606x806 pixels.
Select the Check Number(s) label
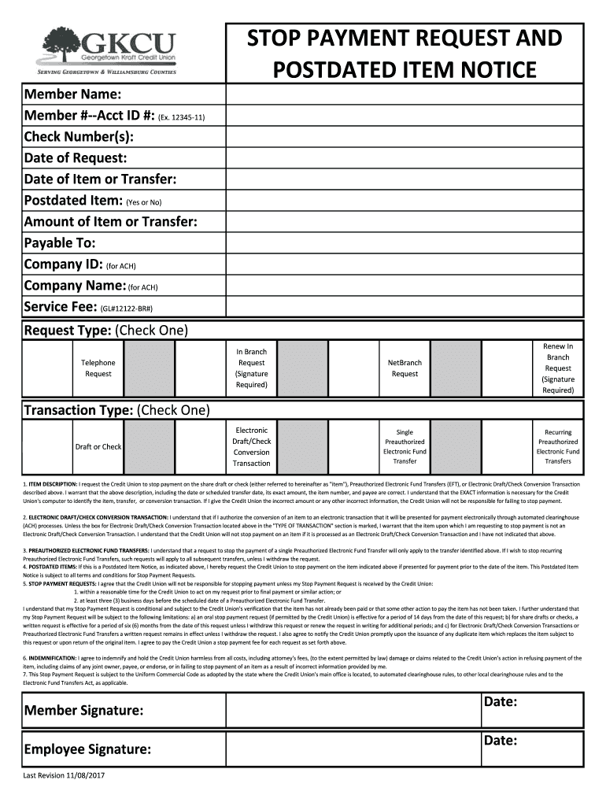pyautogui.click(x=78, y=136)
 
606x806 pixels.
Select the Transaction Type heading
pyautogui.click(x=116, y=410)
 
